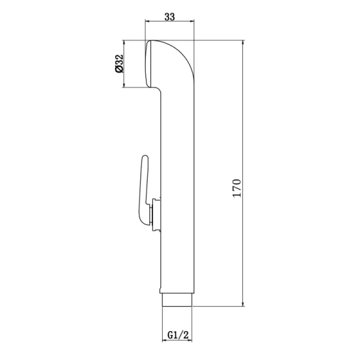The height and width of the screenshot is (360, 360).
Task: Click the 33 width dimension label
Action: click(169, 17)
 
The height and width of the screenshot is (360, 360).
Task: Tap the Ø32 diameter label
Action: click(119, 64)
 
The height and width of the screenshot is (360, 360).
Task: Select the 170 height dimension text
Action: click(237, 188)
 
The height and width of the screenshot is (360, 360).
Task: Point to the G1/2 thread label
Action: click(178, 335)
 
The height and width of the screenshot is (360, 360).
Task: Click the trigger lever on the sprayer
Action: click(143, 191)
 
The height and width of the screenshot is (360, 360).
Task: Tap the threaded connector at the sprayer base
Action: click(177, 300)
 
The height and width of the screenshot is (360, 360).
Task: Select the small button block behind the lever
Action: click(155, 215)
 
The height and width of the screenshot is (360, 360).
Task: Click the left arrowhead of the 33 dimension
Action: click(148, 21)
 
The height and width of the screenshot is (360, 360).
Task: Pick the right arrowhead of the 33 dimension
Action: click(191, 21)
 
